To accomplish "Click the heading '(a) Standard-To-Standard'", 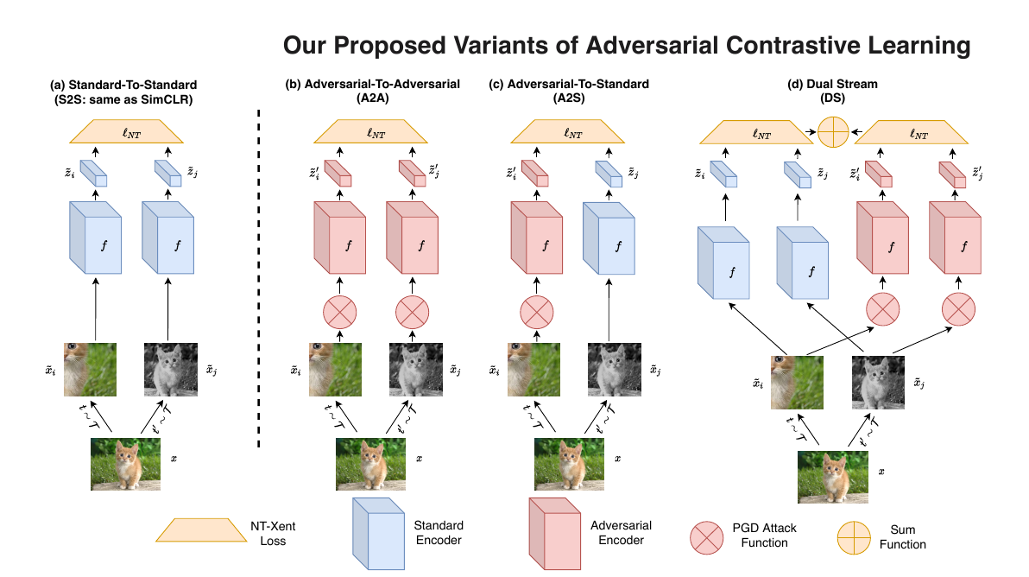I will pyautogui.click(x=123, y=85).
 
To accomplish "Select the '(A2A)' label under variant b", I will pyautogui.click(x=372, y=98).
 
